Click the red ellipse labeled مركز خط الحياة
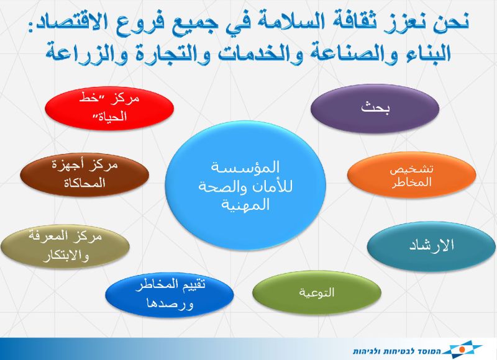(x=109, y=107)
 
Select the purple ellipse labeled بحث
(x=375, y=108)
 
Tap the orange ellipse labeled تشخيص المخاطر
(x=411, y=175)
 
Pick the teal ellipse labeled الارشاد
(x=431, y=246)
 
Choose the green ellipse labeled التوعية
(x=317, y=292)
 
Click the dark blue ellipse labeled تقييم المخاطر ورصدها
(x=170, y=294)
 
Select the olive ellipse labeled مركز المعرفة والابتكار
(x=65, y=246)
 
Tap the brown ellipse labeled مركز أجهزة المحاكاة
(x=84, y=174)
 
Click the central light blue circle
(x=245, y=186)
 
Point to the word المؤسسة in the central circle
(x=245, y=167)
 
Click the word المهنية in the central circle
(x=245, y=205)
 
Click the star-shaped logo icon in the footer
(x=461, y=349)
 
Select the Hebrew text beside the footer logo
(x=397, y=351)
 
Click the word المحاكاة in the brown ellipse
(x=84, y=183)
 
